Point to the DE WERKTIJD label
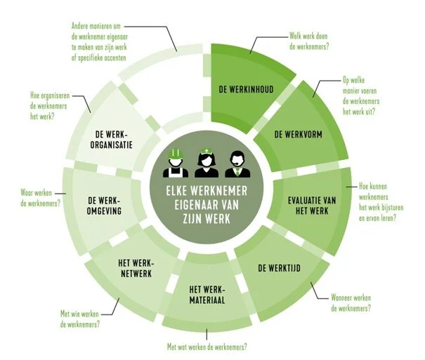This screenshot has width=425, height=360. tap(279, 267)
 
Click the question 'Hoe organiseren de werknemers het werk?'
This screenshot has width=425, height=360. tap(38, 109)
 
